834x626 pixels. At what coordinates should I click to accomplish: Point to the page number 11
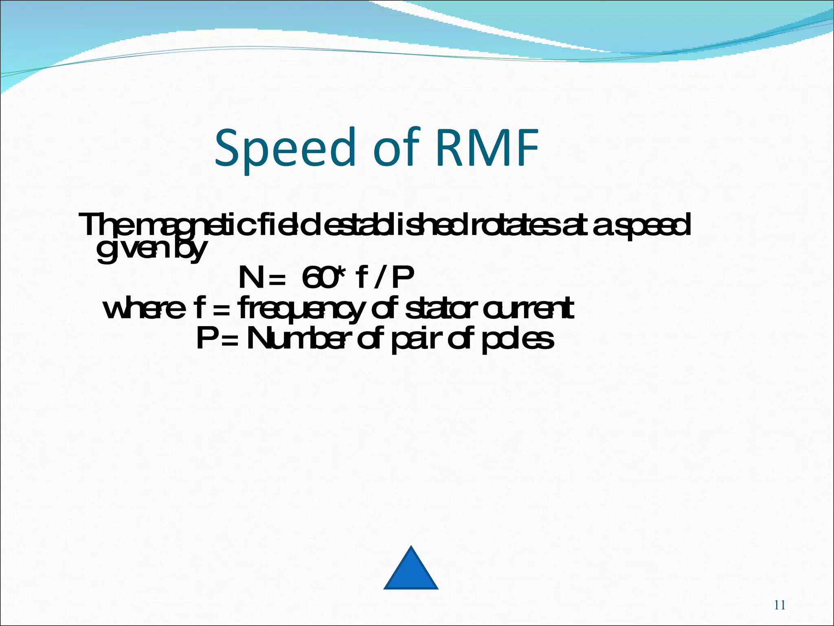click(x=779, y=605)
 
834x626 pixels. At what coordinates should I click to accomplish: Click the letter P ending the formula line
click(x=402, y=278)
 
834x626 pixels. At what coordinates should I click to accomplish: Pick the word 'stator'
click(x=439, y=309)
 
